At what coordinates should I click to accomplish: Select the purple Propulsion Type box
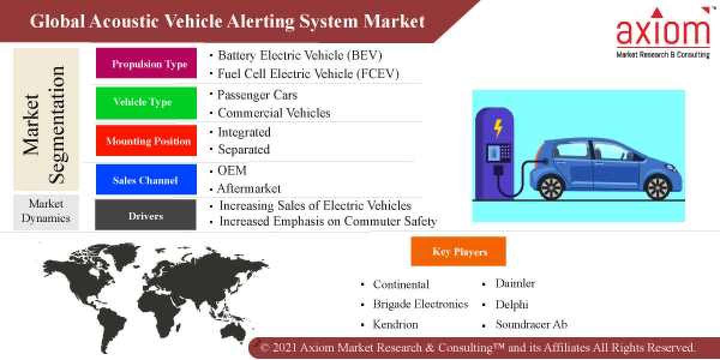point(146,64)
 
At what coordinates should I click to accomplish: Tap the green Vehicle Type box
point(146,102)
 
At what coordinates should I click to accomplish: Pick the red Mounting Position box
point(146,141)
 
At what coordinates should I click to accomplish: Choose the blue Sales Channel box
point(146,180)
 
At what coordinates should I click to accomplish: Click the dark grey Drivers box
point(146,215)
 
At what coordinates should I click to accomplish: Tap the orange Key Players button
point(458,251)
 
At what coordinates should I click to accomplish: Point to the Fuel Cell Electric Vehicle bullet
point(308,74)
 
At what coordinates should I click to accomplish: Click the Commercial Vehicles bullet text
point(274,113)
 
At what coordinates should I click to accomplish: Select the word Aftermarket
point(249,188)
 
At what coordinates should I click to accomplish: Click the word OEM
point(232,171)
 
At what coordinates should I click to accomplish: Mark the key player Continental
point(401,284)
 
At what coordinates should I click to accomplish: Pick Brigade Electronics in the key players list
point(420,304)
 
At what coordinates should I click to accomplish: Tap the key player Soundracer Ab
point(531,325)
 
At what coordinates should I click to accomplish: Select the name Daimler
point(515,283)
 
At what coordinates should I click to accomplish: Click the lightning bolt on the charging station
point(498,128)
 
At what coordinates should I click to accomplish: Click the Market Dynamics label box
point(46,211)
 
